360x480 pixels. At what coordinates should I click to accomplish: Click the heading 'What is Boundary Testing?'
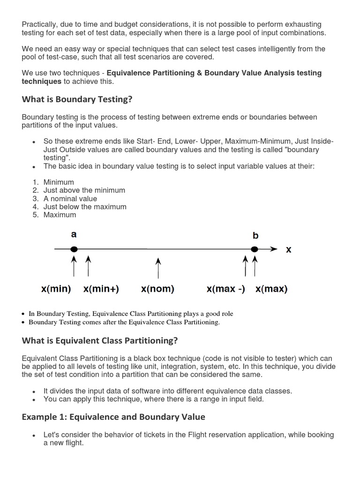pos(77,99)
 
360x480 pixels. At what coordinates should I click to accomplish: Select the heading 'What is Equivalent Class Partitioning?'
pos(100,340)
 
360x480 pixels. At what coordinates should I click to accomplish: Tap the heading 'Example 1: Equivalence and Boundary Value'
pos(113,417)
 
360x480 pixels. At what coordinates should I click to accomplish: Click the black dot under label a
pos(74,249)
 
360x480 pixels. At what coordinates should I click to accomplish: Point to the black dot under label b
pos(255,249)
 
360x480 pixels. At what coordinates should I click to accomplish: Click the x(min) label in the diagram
pos(56,289)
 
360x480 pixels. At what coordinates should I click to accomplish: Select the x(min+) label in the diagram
pos(101,289)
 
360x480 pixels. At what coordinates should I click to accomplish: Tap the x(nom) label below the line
pos(157,289)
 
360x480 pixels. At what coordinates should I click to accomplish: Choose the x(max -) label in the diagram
pos(225,289)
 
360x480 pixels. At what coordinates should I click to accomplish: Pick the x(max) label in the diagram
pos(271,289)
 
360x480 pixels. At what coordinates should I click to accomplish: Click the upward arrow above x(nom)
pos(158,267)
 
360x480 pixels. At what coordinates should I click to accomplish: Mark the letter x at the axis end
pos(288,250)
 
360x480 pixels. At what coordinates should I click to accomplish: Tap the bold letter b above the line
pos(255,235)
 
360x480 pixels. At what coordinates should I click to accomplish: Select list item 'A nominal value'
pos(70,199)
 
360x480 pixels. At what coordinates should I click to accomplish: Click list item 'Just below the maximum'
pos(85,207)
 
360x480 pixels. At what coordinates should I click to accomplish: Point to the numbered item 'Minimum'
pos(59,182)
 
